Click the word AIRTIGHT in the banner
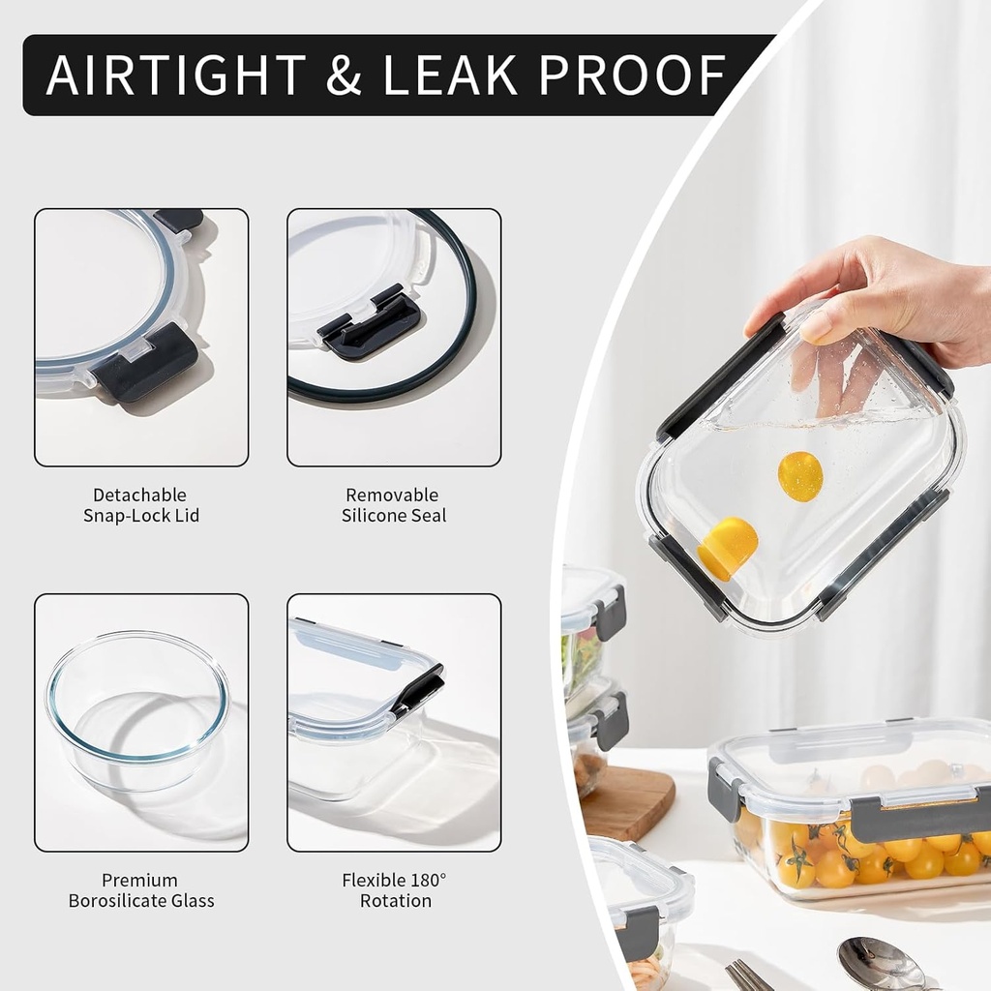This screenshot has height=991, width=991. click(176, 75)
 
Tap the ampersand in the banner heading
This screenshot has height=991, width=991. click(344, 75)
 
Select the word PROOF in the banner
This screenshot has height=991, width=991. click(633, 75)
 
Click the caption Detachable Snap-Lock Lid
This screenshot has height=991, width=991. click(141, 505)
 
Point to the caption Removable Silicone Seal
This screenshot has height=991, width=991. click(394, 505)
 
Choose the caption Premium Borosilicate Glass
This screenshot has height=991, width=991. click(141, 890)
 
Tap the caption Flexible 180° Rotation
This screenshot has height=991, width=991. click(395, 890)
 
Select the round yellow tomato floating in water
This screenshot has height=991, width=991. click(800, 476)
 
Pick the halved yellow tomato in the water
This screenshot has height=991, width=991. click(728, 549)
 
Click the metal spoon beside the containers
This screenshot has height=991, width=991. click(885, 964)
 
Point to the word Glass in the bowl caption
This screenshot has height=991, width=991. click(190, 901)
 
